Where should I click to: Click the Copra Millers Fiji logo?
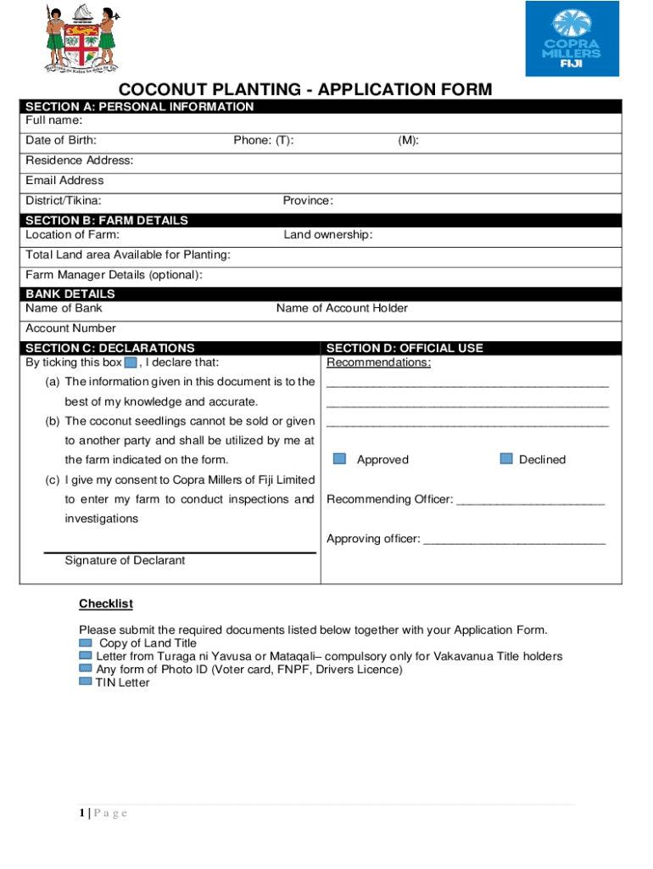tap(572, 39)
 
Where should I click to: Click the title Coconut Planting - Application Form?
tap(304, 90)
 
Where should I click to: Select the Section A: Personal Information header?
tap(139, 106)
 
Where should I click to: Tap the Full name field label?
tap(54, 121)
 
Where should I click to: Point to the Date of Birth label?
tap(60, 140)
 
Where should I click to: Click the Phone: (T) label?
tap(264, 140)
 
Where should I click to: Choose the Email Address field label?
tap(64, 180)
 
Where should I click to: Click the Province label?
tap(308, 200)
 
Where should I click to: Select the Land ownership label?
tap(327, 234)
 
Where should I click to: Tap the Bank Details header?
tap(70, 294)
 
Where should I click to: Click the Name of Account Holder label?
tap(342, 308)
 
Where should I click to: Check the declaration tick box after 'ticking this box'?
tap(131, 362)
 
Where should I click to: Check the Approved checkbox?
tap(339, 458)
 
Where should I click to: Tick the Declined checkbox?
tap(506, 458)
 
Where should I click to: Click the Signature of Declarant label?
tap(125, 560)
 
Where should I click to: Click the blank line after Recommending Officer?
tap(530, 500)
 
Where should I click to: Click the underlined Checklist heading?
tap(106, 603)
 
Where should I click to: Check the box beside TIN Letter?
tap(85, 681)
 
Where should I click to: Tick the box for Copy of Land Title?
tap(85, 642)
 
